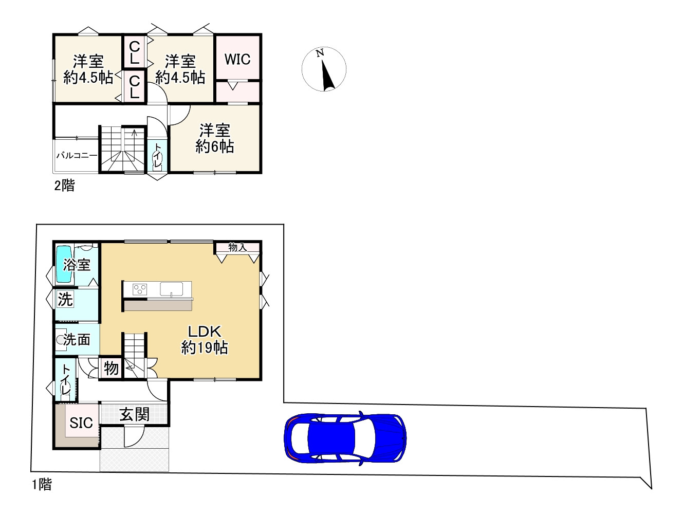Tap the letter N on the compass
pyautogui.click(x=320, y=53)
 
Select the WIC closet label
pyautogui.click(x=237, y=59)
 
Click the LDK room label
pyautogui.click(x=205, y=332)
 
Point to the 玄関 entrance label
pyautogui.click(x=135, y=414)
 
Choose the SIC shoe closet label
pyautogui.click(x=81, y=423)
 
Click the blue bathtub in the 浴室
pyautogui.click(x=64, y=264)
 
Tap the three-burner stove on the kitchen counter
pyautogui.click(x=140, y=289)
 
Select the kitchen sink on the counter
pyautogui.click(x=172, y=289)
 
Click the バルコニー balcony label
pyautogui.click(x=77, y=156)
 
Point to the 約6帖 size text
pyautogui.click(x=215, y=146)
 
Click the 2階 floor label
pyautogui.click(x=65, y=186)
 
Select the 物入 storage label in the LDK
pyautogui.click(x=238, y=247)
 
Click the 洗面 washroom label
pyautogui.click(x=77, y=339)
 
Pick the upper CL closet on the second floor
pyautogui.click(x=135, y=52)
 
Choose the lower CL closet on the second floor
pyautogui.click(x=135, y=87)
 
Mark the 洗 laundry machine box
pyautogui.click(x=65, y=299)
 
